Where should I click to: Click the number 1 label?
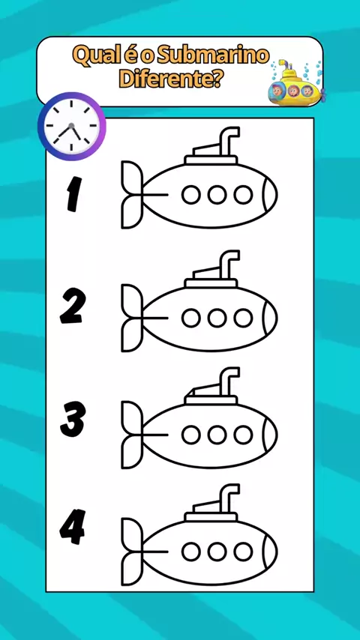(x=74, y=194)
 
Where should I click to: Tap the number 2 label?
(x=73, y=306)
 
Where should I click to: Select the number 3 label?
(x=73, y=419)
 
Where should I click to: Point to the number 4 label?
(x=72, y=527)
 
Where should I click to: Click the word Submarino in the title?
(x=213, y=56)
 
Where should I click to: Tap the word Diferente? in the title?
(x=171, y=79)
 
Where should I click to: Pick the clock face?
(x=71, y=126)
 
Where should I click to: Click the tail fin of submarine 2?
(x=133, y=318)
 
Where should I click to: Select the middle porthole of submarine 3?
(x=217, y=435)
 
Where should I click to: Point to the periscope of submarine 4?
(x=228, y=498)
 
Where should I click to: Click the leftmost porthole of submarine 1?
(x=190, y=194)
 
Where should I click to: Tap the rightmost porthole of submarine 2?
(x=243, y=318)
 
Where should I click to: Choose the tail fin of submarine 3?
(x=133, y=435)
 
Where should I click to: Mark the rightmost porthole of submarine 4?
(x=243, y=552)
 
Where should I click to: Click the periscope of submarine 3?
(x=228, y=381)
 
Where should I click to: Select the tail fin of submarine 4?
(x=133, y=552)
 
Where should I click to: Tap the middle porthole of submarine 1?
(x=217, y=194)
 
